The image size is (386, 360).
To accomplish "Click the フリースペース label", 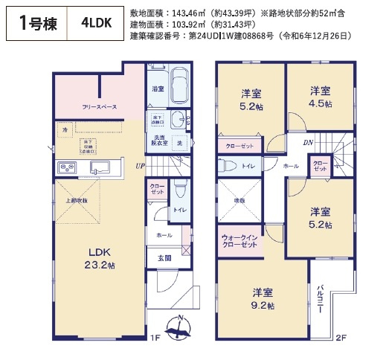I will (x=100, y=107).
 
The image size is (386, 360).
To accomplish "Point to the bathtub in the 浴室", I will (x=180, y=87).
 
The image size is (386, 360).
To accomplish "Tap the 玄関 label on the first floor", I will (x=164, y=258).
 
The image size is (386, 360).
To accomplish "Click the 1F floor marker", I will (x=155, y=337).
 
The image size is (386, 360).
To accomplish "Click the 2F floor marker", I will (x=341, y=337).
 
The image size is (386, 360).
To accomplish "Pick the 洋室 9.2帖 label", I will (x=263, y=298).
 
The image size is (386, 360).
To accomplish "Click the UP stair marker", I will (x=140, y=165).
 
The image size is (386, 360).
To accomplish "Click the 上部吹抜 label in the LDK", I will (x=75, y=200).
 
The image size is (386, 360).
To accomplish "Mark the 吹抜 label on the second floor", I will (x=239, y=200).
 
